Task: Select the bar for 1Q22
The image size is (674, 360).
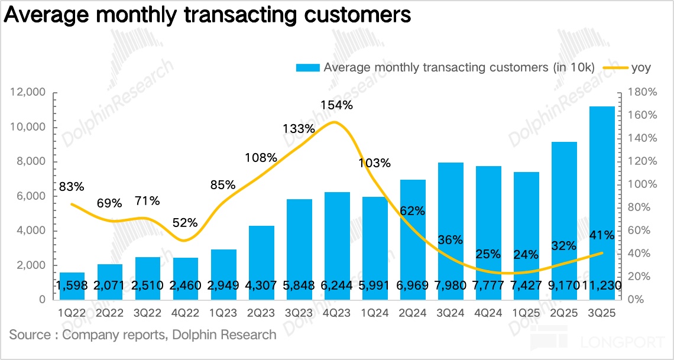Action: [x=72, y=286]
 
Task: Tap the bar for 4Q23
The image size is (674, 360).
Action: [x=337, y=245]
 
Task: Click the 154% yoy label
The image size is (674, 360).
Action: [x=336, y=105]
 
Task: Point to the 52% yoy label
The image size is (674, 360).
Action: [x=185, y=223]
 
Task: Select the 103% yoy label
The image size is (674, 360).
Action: [x=374, y=163]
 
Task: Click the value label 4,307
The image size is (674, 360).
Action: [x=261, y=286]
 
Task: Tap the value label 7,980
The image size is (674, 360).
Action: [x=451, y=286]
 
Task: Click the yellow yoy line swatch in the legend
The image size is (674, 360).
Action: [x=615, y=67]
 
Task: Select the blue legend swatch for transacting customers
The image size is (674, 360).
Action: [x=307, y=67]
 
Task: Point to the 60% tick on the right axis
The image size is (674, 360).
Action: [x=639, y=231]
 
